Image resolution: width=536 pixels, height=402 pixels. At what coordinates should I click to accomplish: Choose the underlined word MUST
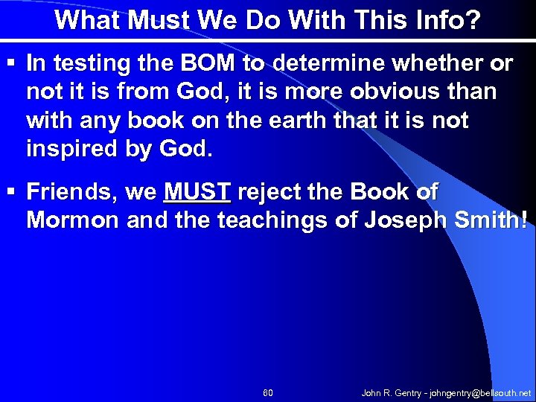tap(197, 192)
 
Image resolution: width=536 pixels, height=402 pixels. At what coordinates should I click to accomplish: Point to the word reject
tap(272, 192)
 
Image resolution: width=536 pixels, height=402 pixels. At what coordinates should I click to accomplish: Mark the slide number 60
tap(268, 392)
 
